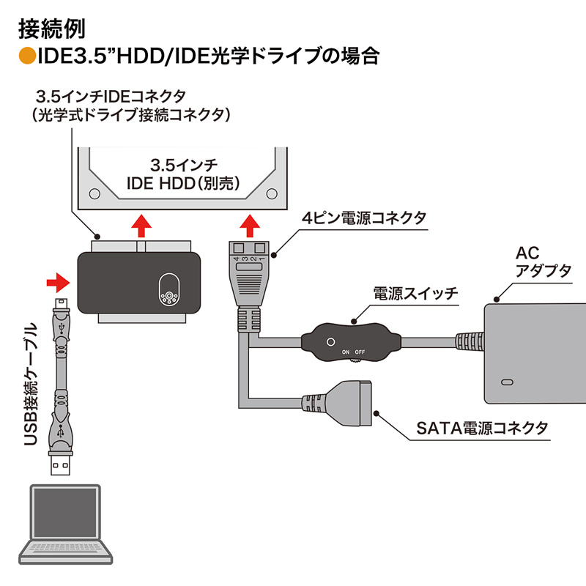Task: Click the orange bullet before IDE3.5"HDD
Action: click(x=27, y=56)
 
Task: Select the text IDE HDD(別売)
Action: click(x=182, y=180)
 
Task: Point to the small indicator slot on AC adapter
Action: click(x=505, y=382)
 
